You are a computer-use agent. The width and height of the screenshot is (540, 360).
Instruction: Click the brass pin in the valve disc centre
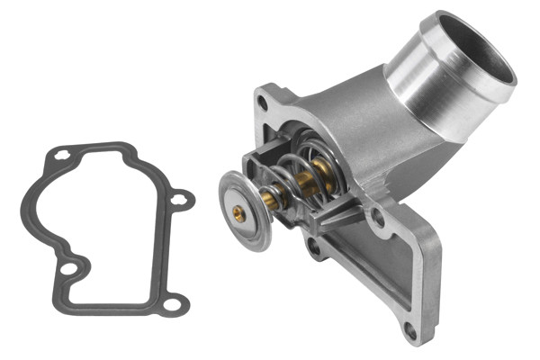(238, 213)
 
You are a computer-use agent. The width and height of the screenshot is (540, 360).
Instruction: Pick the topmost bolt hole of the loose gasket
(61, 156)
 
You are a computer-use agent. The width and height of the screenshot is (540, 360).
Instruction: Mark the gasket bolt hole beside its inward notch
(67, 268)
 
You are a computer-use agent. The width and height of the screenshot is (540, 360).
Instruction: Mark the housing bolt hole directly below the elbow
(378, 216)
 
